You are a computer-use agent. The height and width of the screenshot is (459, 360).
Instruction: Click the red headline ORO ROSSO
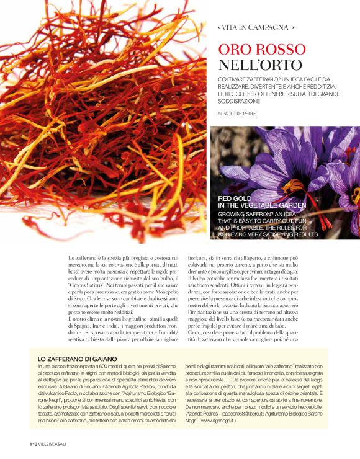coord(262,50)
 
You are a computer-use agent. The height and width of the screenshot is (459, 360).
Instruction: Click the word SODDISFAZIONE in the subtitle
coord(244,100)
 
